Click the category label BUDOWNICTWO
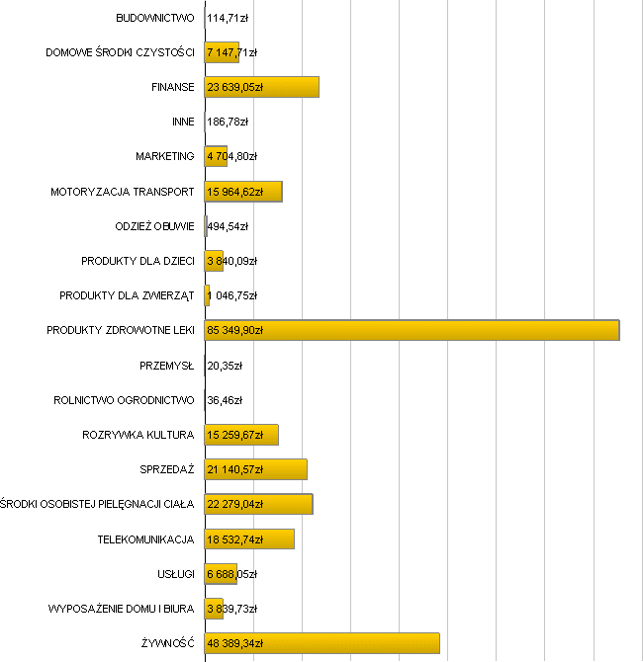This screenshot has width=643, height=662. (x=155, y=18)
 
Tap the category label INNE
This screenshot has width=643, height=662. (x=183, y=122)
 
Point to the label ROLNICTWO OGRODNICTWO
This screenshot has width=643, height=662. (x=124, y=400)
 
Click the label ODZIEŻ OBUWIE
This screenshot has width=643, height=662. (x=154, y=226)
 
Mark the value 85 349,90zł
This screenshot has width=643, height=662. (x=234, y=330)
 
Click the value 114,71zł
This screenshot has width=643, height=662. (x=228, y=18)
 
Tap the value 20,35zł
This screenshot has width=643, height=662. (x=225, y=366)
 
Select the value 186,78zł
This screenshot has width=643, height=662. (x=228, y=122)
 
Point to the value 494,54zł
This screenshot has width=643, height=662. (x=229, y=226)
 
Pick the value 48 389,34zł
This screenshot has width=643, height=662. (x=234, y=643)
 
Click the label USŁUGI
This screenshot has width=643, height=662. (x=176, y=574)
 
